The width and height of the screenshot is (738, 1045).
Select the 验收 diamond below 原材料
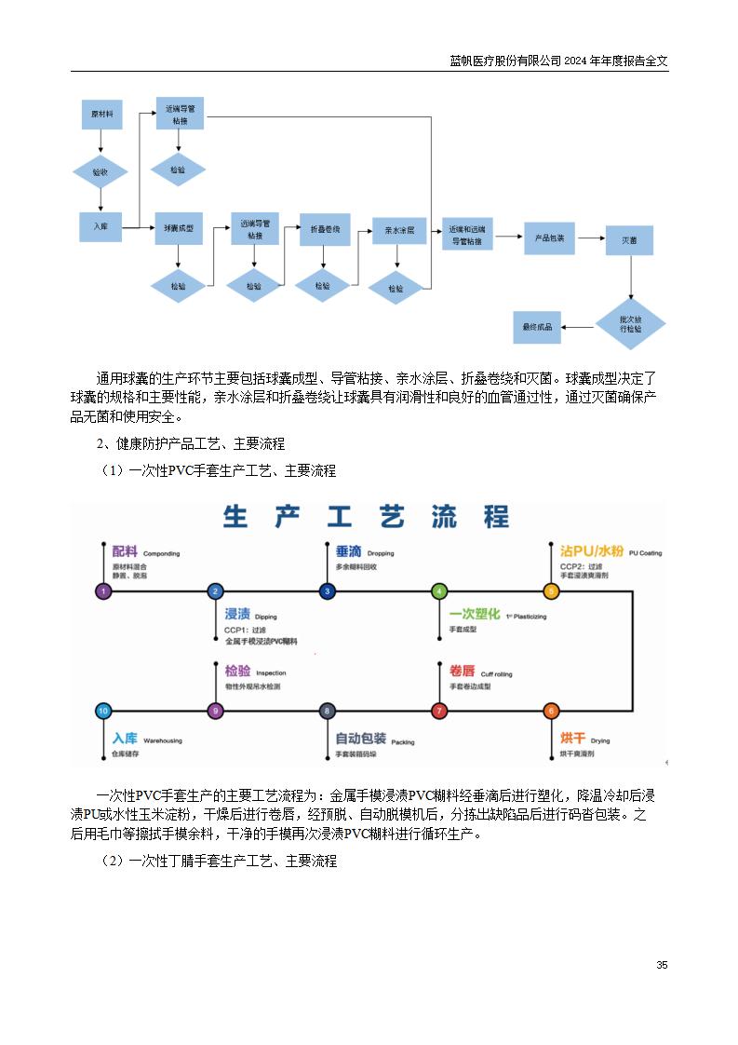pos(101,172)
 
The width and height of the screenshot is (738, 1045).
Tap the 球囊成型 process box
pos(178,228)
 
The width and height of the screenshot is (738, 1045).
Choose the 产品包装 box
pos(549,237)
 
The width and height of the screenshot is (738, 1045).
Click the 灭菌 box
pos(629,240)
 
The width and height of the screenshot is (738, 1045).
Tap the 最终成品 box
pos(537,327)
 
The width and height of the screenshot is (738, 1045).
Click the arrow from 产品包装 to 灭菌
pos(590,239)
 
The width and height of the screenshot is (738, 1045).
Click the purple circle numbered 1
pos(103,590)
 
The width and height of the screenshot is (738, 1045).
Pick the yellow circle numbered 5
pos(551,590)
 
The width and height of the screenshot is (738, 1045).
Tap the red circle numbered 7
pos(439,711)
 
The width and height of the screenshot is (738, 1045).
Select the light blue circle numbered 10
pos(103,711)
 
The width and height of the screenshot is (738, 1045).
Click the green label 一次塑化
pos(475,615)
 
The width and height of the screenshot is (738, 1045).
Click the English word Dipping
pos(265,617)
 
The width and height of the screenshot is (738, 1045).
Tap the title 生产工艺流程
pos(367,517)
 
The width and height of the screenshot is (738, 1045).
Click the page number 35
pos(662,965)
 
